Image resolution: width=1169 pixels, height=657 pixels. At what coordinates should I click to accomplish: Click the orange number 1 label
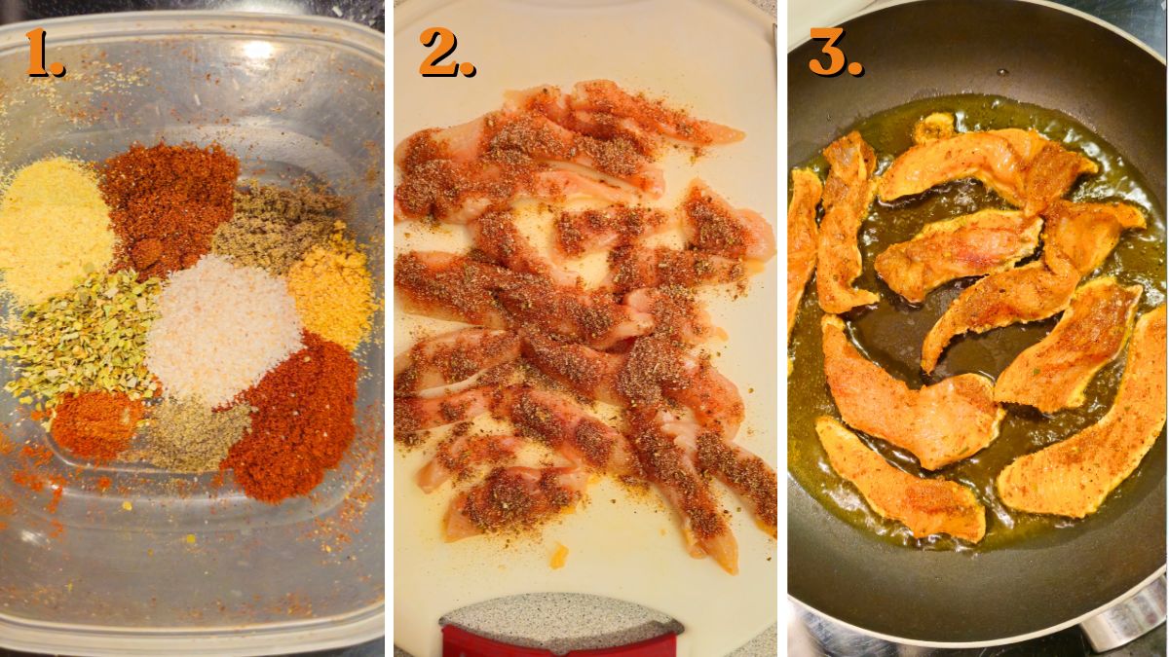coord(44,53)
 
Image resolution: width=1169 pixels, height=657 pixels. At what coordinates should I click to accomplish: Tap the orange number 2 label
coord(446,53)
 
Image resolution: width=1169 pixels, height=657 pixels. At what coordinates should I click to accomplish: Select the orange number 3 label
coord(835,53)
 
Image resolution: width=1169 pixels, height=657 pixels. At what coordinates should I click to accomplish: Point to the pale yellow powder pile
coord(54,229)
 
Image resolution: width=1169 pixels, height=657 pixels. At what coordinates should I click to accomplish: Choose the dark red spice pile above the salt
coord(170,204)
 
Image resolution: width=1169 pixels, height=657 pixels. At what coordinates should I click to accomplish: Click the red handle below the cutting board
coord(560,642)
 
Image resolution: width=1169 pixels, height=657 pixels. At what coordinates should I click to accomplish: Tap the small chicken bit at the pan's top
coord(933,128)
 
